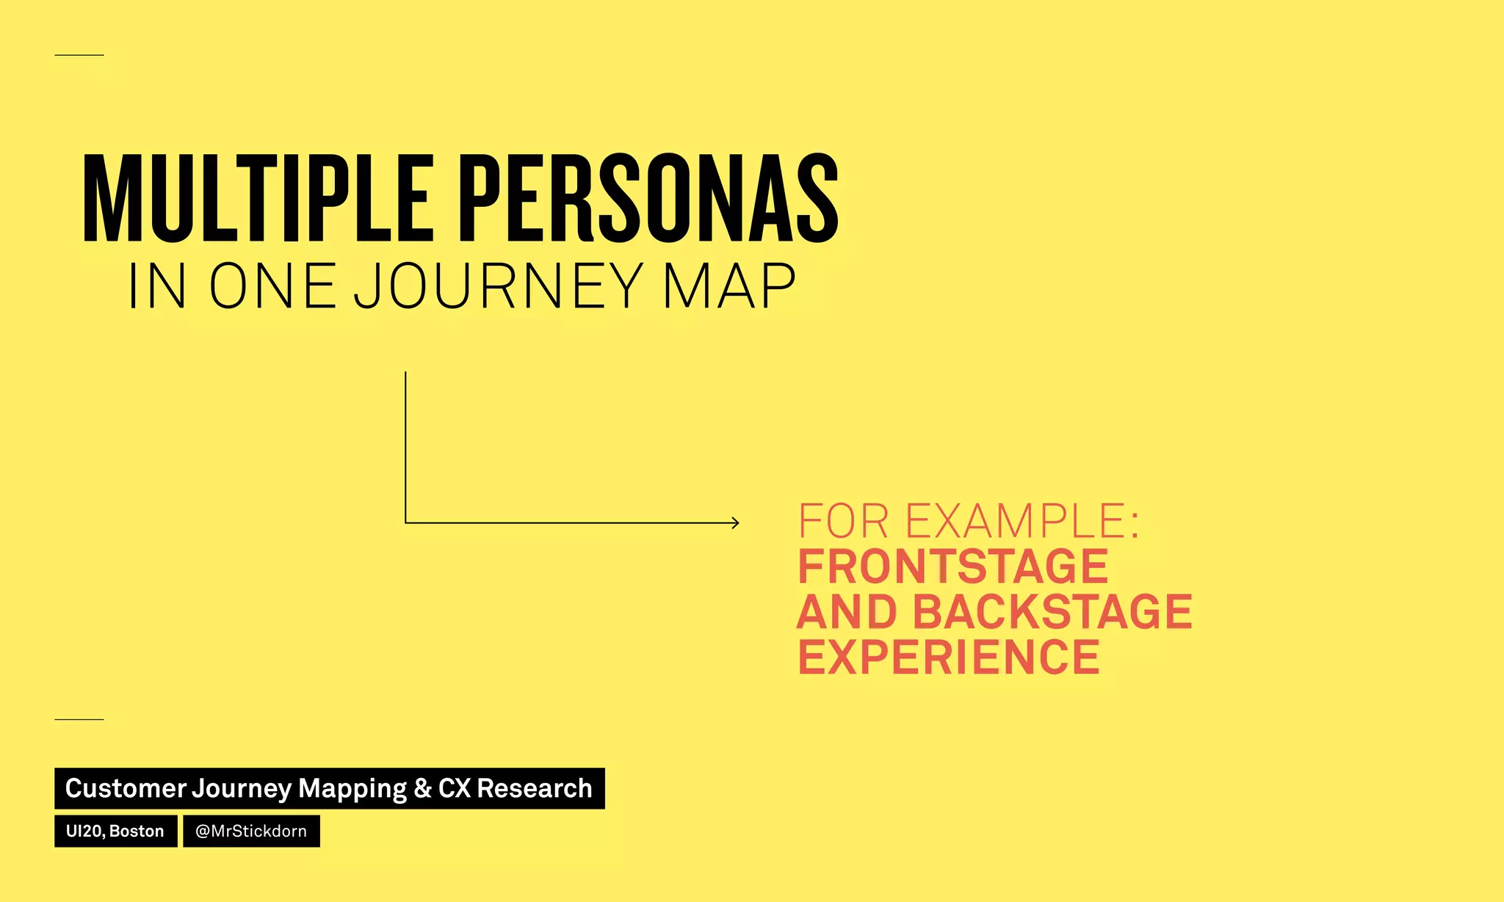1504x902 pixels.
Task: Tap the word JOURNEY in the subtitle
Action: (x=499, y=286)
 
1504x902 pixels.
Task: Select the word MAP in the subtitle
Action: (x=728, y=286)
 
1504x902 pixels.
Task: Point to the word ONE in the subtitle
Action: (x=272, y=286)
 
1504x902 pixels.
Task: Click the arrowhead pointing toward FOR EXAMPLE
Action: (x=735, y=523)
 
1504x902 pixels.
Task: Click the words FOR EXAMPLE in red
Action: (x=968, y=522)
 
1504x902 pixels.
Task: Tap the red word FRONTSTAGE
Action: (x=952, y=567)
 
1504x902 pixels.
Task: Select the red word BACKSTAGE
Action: (x=1052, y=612)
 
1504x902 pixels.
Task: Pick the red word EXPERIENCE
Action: (x=949, y=657)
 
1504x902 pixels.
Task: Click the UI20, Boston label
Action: (x=115, y=831)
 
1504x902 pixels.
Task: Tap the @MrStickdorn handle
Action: (x=251, y=831)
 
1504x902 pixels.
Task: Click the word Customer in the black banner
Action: (x=126, y=788)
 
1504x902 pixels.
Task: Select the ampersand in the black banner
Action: (x=422, y=788)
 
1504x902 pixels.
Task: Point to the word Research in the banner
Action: (x=535, y=788)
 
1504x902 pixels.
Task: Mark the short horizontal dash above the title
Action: (x=79, y=55)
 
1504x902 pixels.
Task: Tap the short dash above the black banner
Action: (x=79, y=719)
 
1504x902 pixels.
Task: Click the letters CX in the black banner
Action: (x=454, y=788)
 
